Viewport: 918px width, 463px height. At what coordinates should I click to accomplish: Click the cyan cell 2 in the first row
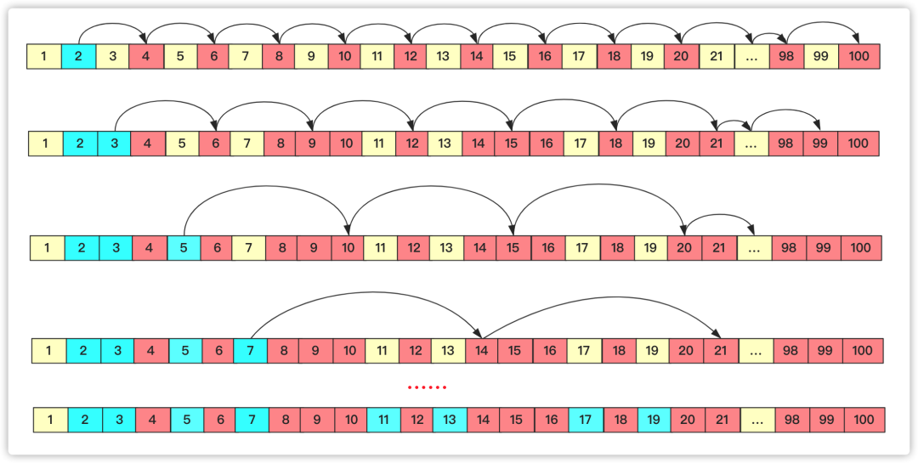pos(77,57)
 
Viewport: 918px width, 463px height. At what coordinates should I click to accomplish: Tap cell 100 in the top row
pos(858,57)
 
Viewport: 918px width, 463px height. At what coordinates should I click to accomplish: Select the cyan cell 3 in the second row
pos(115,144)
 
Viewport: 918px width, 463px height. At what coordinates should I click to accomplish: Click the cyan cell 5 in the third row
pos(184,248)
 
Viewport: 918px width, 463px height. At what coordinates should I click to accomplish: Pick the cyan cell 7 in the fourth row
pos(250,351)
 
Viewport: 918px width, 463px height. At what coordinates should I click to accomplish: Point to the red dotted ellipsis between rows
pos(427,387)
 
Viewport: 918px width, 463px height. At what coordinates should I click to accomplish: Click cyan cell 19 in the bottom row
pos(654,420)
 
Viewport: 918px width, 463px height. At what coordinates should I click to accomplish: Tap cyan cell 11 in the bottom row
pos(384,420)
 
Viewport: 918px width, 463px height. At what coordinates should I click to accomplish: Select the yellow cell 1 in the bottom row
pos(50,420)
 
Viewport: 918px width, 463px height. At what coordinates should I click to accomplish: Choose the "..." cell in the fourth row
pos(756,351)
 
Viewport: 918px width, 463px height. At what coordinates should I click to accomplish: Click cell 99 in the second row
pos(820,144)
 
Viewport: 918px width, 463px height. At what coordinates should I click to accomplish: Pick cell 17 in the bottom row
pos(586,420)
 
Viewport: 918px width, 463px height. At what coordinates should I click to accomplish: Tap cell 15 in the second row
pos(511,144)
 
